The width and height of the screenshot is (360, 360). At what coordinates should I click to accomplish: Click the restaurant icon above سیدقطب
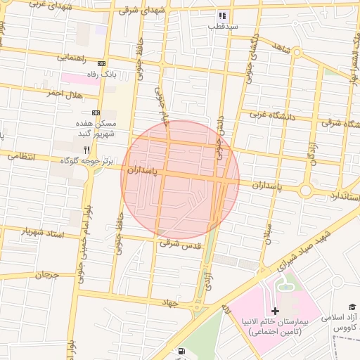[x=222, y=15]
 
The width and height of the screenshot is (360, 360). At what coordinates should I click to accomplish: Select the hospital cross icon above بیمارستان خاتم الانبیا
[x=275, y=311]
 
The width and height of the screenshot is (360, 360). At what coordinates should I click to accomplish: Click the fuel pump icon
[x=182, y=351]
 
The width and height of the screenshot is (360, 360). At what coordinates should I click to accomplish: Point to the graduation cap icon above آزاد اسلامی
[x=352, y=307]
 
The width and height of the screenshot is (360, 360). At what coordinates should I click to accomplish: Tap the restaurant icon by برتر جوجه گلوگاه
[x=87, y=150]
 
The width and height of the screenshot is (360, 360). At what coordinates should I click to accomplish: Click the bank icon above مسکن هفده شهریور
[x=96, y=112]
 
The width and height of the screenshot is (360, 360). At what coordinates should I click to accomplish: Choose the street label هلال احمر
[x=65, y=94]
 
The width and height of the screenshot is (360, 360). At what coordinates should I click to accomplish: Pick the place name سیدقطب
[x=222, y=26]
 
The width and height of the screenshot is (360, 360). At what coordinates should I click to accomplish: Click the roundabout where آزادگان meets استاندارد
[x=306, y=191]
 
